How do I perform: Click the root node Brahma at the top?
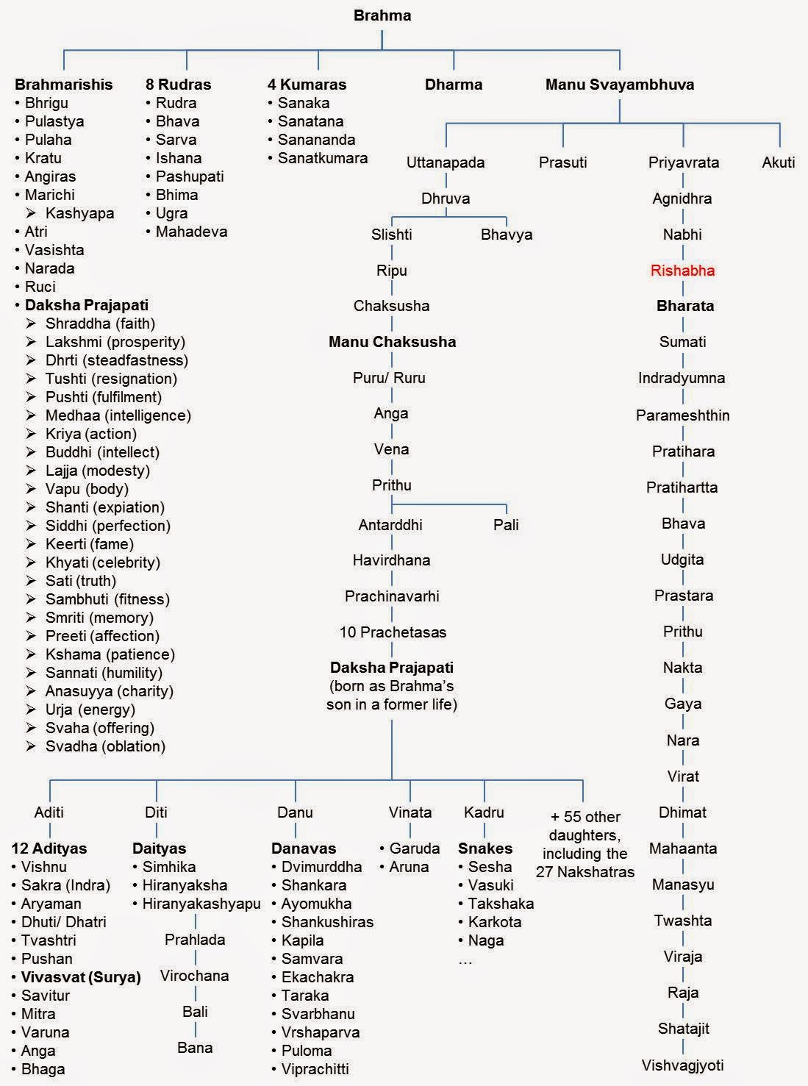[x=382, y=15]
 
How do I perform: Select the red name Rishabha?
[x=682, y=270]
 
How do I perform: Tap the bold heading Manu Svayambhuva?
[x=619, y=85]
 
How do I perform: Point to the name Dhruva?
[x=446, y=199]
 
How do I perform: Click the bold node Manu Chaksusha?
[x=392, y=342]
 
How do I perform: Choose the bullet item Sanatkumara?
[x=322, y=158]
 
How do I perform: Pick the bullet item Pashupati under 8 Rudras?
[x=189, y=176]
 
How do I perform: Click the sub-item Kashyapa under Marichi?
[x=79, y=213]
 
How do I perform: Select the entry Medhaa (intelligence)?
[x=118, y=415]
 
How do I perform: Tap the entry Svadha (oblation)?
[x=105, y=746]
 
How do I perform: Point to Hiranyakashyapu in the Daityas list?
[x=201, y=904]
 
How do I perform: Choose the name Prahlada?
[x=195, y=940]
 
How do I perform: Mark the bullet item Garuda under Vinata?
[x=414, y=849]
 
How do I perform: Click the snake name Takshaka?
[x=501, y=904]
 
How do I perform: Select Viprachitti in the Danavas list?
[x=315, y=1069]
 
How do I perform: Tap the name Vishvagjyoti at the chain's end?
[x=682, y=1065]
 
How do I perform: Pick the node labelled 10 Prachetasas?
[x=393, y=632]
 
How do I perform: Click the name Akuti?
[x=779, y=162]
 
